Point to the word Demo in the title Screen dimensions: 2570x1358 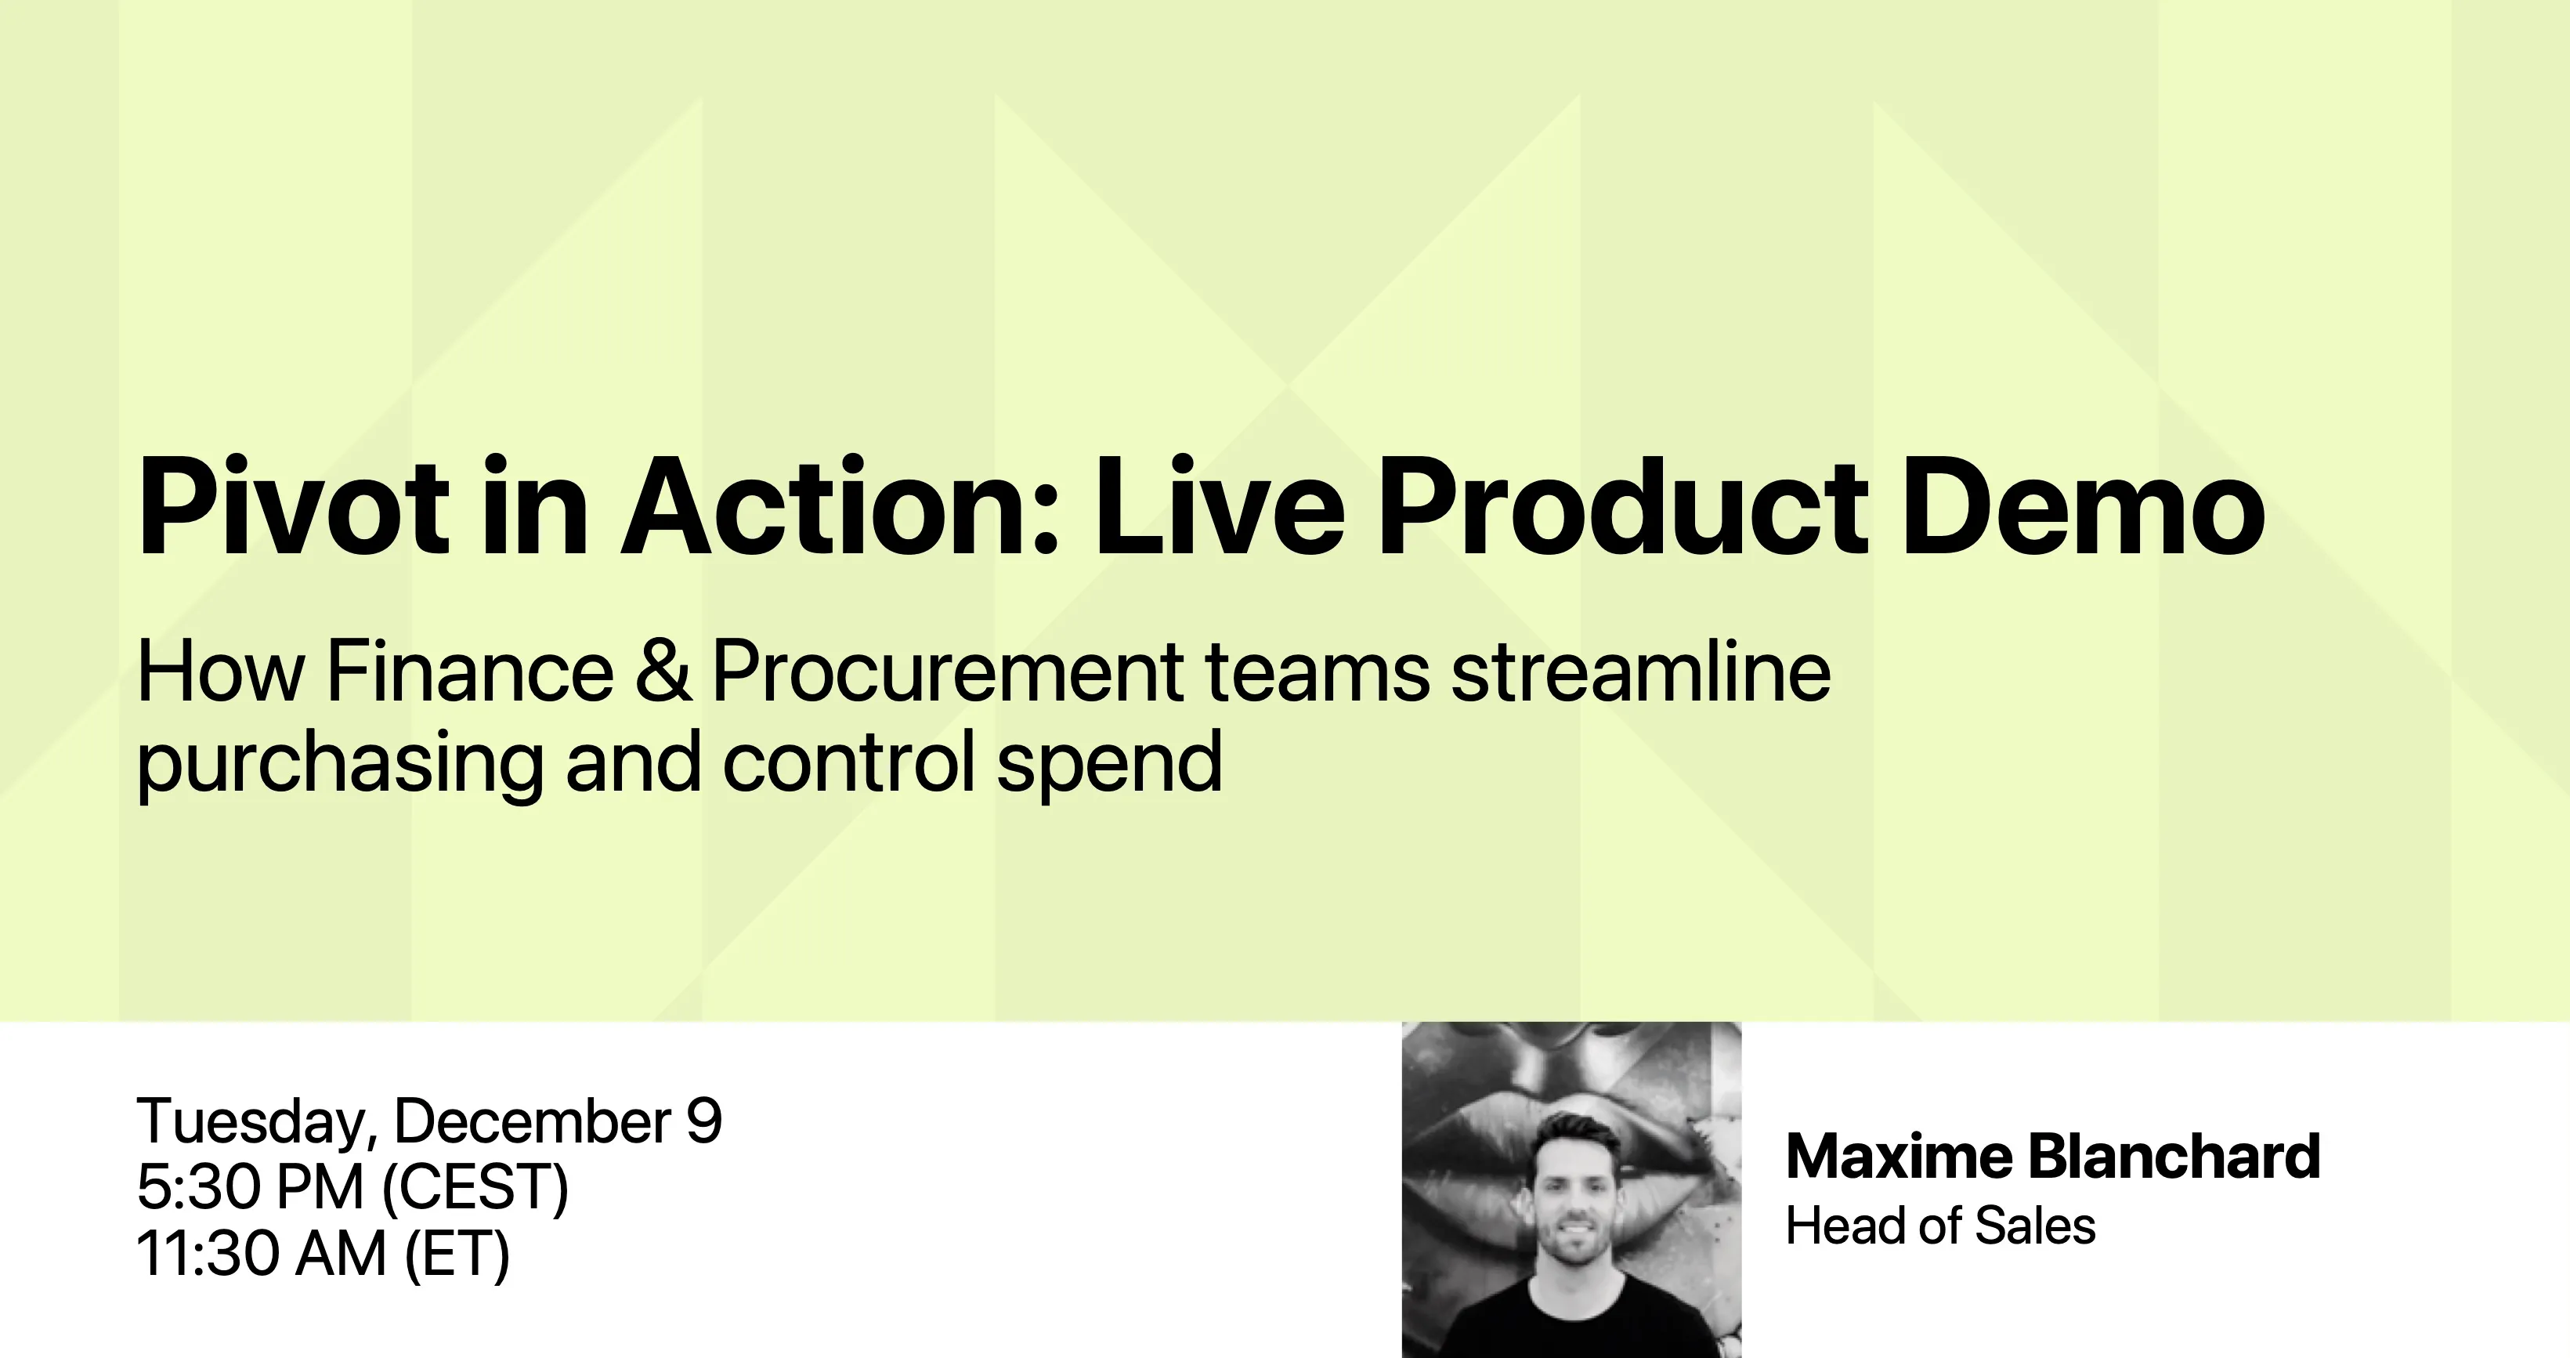point(2083,507)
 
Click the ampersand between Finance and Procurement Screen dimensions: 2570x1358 point(663,671)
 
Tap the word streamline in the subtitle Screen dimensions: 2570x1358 point(1641,671)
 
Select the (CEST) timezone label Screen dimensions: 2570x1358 point(475,1190)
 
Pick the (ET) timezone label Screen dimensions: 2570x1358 point(457,1255)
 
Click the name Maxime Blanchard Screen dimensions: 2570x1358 point(2053,1157)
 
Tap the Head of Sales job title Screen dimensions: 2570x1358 point(1940,1226)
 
